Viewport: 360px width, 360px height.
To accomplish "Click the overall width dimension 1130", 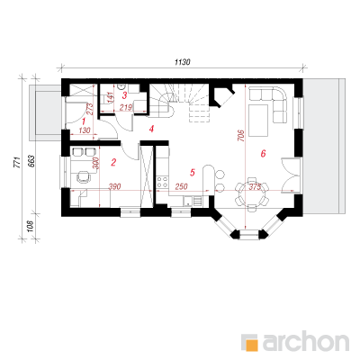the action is [183, 62].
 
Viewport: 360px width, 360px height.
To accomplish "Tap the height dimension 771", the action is [18, 162].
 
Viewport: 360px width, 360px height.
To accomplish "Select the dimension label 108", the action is [31, 226].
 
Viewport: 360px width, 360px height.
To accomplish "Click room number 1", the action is [84, 121].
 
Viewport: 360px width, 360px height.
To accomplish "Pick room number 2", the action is [113, 163].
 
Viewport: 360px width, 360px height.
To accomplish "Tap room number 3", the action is [124, 95].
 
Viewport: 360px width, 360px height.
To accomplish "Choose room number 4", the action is [151, 129].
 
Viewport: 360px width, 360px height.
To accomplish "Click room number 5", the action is [193, 173].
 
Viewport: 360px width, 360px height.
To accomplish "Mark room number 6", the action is [263, 154].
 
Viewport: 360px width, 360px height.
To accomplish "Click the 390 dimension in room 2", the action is [114, 187].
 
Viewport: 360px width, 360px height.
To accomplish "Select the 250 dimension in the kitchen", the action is [181, 187].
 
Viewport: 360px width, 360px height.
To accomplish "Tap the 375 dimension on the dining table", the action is [255, 186].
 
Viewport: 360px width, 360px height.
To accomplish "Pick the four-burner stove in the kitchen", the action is [162, 182].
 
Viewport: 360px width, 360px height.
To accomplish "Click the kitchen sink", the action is [188, 201].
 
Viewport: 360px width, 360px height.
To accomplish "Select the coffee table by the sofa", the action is [258, 121].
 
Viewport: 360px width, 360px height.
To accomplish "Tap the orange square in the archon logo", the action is [252, 345].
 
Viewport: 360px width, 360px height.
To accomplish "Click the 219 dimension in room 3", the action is [126, 107].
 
